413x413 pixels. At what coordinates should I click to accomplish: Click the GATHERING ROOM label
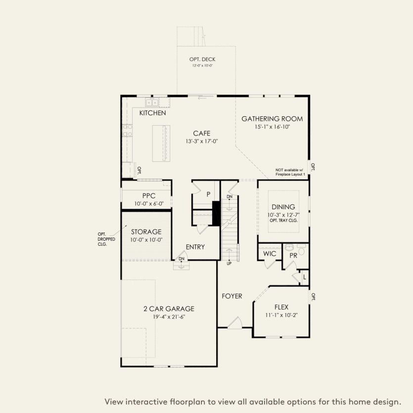[272, 119]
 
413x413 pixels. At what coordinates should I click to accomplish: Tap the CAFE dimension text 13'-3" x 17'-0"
[202, 141]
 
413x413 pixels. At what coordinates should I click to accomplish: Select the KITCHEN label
[152, 113]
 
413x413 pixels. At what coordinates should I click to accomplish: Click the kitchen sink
[151, 102]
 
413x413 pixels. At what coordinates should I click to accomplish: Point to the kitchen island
[161, 143]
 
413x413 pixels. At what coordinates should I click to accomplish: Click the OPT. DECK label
[202, 59]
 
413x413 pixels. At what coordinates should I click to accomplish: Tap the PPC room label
[149, 196]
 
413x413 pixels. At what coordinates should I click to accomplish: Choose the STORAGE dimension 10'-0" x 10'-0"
[146, 240]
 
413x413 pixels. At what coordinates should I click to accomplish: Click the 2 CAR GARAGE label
[169, 309]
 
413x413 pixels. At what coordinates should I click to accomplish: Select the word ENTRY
[195, 247]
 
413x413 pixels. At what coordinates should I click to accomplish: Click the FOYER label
[232, 296]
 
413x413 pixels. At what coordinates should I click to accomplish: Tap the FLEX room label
[281, 307]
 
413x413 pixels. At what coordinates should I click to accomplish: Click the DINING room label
[283, 207]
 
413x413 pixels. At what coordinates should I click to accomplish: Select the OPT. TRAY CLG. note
[284, 221]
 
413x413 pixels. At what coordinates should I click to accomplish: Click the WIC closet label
[270, 254]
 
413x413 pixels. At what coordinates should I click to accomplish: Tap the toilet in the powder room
[301, 249]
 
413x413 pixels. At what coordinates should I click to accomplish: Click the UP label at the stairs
[229, 264]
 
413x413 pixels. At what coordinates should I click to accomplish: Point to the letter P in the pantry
[208, 194]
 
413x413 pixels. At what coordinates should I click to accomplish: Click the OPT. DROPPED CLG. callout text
[106, 239]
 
